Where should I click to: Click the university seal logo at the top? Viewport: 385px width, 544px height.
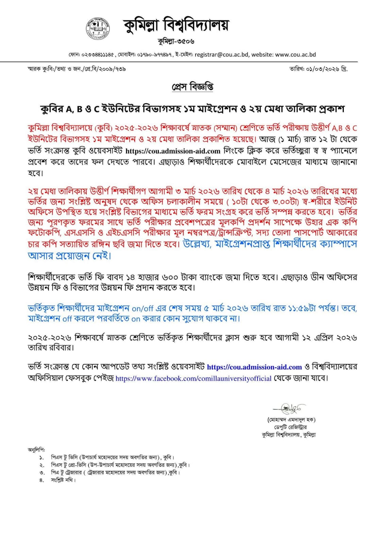tap(98, 28)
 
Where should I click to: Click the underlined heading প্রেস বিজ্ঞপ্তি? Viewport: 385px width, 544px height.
tap(192, 87)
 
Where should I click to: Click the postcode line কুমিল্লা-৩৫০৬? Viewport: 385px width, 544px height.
tap(176, 41)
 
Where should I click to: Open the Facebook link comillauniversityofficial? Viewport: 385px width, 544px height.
tap(194, 378)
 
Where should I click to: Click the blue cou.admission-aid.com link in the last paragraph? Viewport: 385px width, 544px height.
tap(254, 367)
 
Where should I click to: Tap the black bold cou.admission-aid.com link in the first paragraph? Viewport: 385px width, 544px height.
tap(173, 151)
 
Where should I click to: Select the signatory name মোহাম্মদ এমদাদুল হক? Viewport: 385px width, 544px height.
tap(291, 420)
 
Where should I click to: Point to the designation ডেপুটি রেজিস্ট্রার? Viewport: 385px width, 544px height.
tap(291, 427)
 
